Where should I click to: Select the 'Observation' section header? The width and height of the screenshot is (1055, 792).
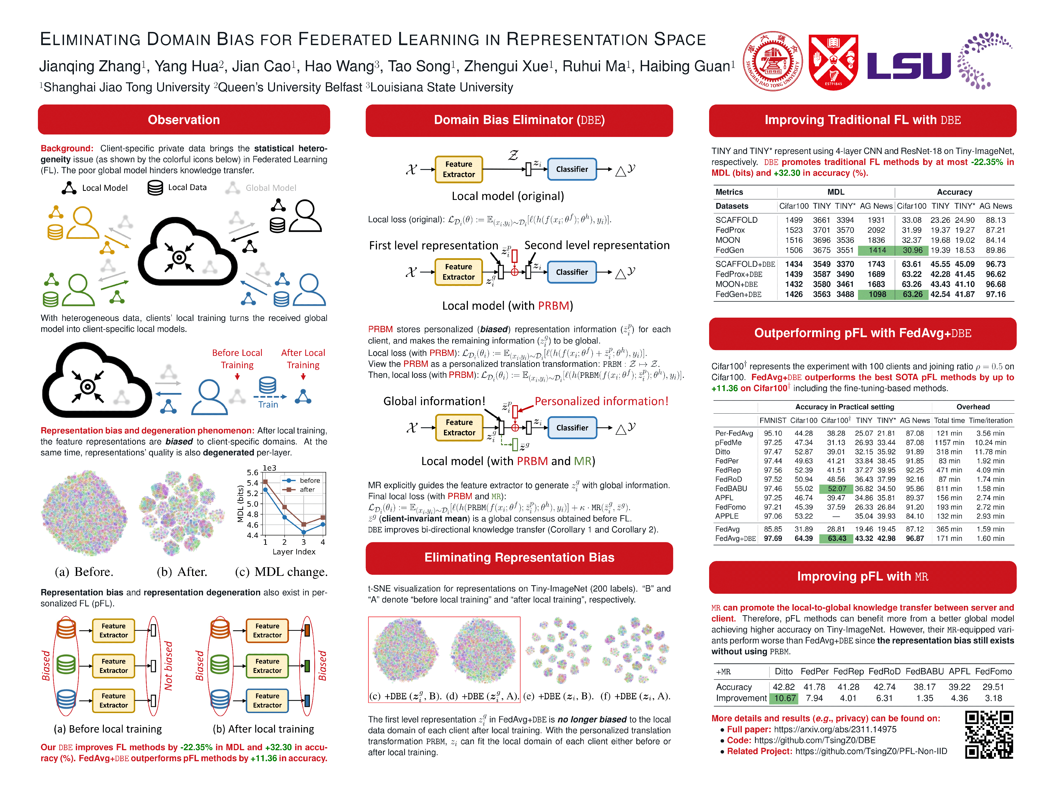point(184,120)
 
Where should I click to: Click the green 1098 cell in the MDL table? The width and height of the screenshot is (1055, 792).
point(877,295)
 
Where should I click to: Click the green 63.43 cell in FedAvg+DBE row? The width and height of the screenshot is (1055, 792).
point(837,538)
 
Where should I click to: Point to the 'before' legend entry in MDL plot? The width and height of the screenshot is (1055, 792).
point(309,480)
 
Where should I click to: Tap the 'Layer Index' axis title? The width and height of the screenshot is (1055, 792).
point(294,552)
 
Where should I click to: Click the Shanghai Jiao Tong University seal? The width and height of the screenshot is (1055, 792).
point(773,61)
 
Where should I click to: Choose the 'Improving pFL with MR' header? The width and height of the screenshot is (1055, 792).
point(862,577)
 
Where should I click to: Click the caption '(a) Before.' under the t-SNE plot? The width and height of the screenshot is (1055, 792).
point(84,572)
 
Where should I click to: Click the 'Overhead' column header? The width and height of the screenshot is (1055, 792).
point(973,407)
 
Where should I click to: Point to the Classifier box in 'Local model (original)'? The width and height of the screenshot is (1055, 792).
point(571,169)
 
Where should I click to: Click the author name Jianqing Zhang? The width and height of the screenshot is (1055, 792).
point(90,66)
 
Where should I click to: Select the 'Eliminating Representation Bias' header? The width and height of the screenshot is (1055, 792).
point(519,558)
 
